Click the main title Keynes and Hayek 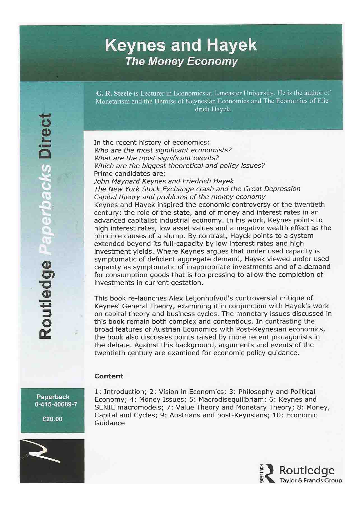181,45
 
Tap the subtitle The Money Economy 182,61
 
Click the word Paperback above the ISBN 53,397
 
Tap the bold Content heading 109,376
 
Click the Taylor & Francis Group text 311,480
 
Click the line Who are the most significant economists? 163,150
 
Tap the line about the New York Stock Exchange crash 197,189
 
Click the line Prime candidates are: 130,173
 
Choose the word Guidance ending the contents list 110,423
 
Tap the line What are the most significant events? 156,158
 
